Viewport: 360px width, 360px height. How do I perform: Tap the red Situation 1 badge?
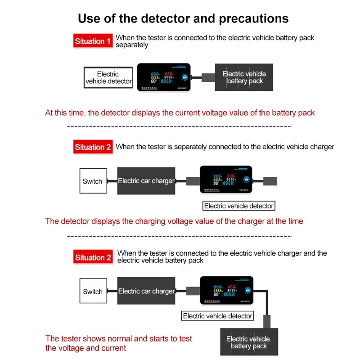(x=93, y=41)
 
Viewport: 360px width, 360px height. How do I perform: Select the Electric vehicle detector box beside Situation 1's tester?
(x=108, y=77)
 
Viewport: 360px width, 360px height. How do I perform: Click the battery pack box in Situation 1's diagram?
(x=244, y=77)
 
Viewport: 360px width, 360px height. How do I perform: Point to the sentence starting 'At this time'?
(x=180, y=112)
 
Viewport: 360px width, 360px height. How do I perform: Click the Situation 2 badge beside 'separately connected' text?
(x=93, y=147)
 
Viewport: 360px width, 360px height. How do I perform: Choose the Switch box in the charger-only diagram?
(x=93, y=181)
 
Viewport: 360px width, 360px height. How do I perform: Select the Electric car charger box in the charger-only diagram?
(x=146, y=181)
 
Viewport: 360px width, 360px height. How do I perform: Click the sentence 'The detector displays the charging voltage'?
(x=174, y=221)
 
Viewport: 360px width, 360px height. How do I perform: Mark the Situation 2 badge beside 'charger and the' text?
(x=93, y=258)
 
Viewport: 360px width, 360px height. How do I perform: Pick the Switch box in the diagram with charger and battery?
(x=93, y=292)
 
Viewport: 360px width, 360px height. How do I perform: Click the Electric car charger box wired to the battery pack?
(x=146, y=292)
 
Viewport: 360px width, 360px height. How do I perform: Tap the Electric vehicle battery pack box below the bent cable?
(x=248, y=342)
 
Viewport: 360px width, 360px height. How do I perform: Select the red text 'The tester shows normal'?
(x=119, y=338)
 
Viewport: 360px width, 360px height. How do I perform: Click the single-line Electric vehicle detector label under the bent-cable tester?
(x=217, y=316)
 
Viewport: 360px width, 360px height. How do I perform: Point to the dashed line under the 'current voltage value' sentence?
(x=180, y=126)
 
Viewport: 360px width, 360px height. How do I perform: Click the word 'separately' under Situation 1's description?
(x=132, y=45)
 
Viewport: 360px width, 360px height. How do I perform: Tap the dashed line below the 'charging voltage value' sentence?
(x=180, y=235)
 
